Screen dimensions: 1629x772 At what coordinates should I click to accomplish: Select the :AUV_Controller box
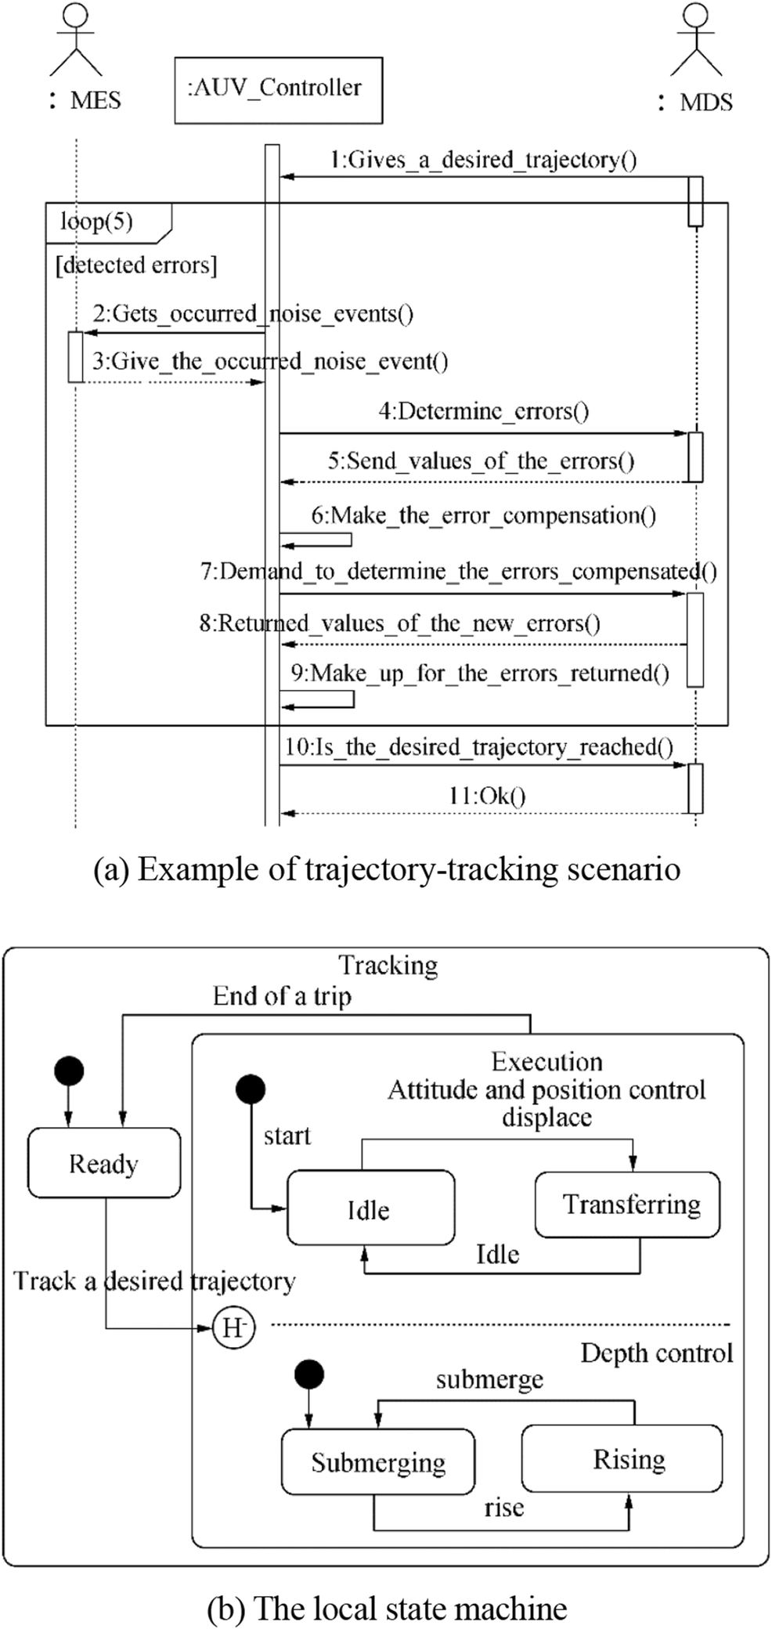[x=278, y=90]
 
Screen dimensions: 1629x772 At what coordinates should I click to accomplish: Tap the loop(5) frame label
[x=97, y=222]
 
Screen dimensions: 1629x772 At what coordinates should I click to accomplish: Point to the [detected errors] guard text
[x=136, y=265]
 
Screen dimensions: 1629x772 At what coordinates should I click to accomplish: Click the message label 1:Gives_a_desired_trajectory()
[x=483, y=161]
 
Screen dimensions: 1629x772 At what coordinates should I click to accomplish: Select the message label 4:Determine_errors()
[x=484, y=411]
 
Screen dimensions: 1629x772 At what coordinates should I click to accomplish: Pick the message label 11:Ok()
[x=486, y=796]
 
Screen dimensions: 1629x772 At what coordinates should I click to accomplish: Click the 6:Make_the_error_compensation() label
[x=484, y=515]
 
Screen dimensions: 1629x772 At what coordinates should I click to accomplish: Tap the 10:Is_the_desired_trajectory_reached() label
[x=478, y=746]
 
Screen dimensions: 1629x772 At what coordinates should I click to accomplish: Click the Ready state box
[x=103, y=1164]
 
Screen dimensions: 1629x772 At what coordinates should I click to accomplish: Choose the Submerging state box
[x=377, y=1462]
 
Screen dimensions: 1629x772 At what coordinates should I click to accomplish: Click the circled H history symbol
[x=233, y=1327]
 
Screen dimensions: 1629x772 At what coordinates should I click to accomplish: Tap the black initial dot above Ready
[x=69, y=1071]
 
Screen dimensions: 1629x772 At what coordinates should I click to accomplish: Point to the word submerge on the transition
[x=489, y=1379]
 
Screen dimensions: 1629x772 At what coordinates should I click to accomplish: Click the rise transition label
[x=503, y=1507]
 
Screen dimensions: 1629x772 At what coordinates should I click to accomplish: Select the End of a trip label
[x=282, y=996]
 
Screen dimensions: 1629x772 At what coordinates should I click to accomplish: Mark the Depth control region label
[x=656, y=1353]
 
